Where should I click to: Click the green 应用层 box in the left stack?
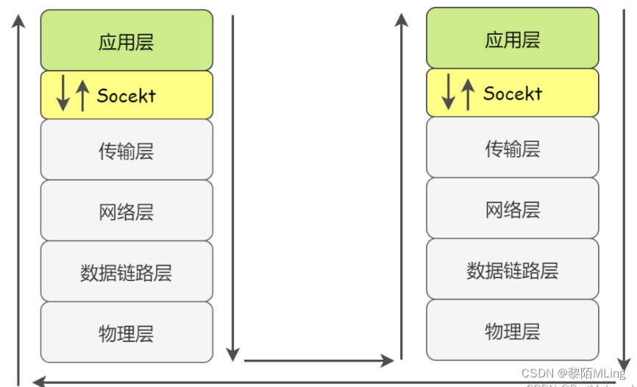pos(126,40)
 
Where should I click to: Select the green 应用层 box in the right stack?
pos(512,38)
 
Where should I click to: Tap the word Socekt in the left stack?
pos(127,95)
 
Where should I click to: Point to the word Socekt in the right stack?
pos(513,93)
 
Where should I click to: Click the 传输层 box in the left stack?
pos(126,151)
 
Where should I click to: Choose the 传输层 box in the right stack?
pos(512,148)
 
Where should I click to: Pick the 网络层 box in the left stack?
pos(126,212)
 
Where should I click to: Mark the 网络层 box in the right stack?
pos(512,209)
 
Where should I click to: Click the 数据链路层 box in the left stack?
pos(126,272)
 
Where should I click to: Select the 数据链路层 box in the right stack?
pos(512,269)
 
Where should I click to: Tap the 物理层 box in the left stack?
pos(126,333)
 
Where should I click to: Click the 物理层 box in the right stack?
pos(512,330)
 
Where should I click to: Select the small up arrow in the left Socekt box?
pos(82,94)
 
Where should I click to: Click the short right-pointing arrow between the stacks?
pos(318,361)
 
